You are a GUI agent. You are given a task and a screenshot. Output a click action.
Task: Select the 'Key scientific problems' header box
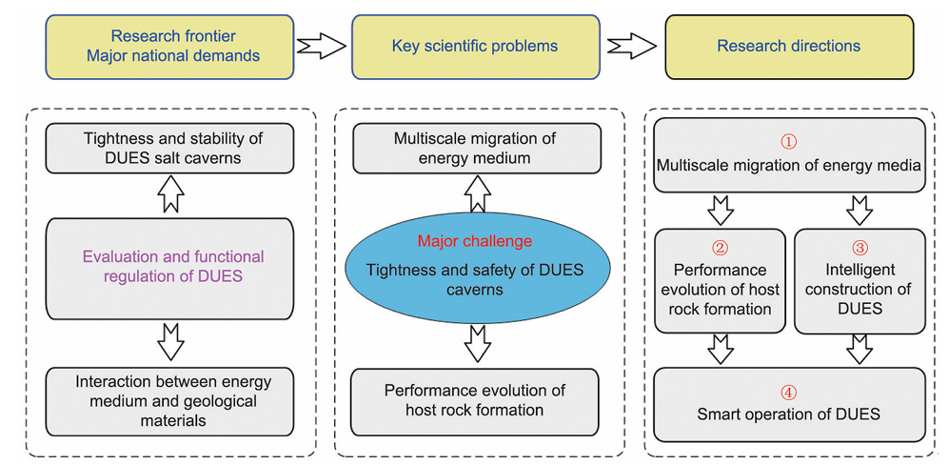475,46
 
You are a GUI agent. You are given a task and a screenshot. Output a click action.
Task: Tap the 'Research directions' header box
788,46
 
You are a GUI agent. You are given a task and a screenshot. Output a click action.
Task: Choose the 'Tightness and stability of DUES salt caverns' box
172,147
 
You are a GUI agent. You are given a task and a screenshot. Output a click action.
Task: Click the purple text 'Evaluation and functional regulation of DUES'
173,267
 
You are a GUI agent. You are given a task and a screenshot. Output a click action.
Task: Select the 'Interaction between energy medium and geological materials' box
172,400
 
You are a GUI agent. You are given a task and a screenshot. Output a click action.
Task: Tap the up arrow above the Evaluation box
172,195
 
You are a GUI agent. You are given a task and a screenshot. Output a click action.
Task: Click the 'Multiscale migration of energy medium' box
475,148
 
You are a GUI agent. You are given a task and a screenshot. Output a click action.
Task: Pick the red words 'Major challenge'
473,241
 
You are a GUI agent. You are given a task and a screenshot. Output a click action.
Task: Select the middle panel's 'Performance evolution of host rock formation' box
475,400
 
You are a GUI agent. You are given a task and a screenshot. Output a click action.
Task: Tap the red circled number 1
788,142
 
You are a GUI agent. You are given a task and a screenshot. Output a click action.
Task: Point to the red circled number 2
721,248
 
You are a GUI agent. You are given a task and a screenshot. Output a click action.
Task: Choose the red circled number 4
788,392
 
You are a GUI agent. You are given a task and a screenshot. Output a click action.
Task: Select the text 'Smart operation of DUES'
788,414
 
